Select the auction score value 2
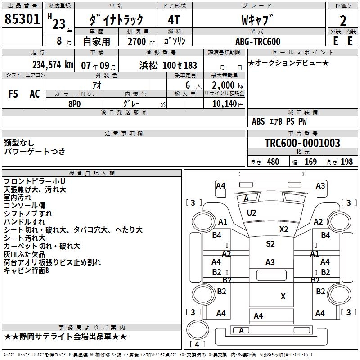[343, 20]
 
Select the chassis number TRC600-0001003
[302, 144]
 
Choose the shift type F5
[13, 94]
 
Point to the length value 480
[273, 162]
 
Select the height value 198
[346, 162]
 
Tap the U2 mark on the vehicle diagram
[252, 212]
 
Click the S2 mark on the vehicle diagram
[270, 244]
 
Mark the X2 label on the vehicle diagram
[283, 229]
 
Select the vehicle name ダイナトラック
[116, 20]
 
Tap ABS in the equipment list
[258, 121]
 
